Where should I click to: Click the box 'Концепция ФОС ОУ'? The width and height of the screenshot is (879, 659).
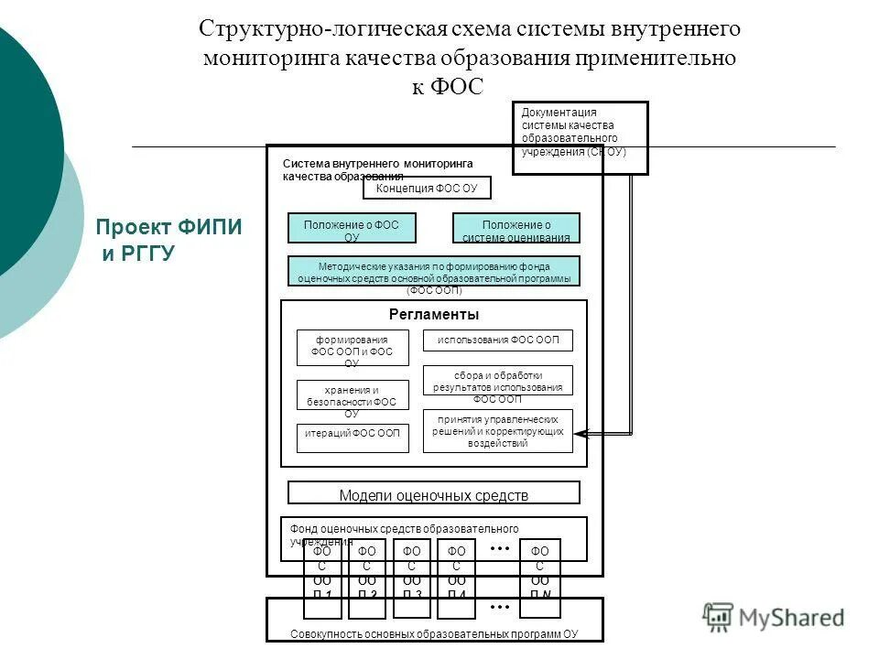(x=427, y=188)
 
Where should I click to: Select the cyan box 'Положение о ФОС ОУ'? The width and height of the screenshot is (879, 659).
(x=352, y=228)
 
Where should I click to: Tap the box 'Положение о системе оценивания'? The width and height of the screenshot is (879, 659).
(x=516, y=228)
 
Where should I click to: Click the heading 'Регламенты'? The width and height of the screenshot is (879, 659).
(x=433, y=315)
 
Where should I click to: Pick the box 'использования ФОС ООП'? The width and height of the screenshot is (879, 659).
(x=497, y=340)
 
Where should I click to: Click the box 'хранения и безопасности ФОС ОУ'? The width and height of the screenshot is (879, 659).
(x=353, y=394)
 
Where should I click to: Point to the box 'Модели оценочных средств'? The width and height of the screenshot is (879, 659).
(x=433, y=493)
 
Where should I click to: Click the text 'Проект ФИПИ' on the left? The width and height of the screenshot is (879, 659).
(x=169, y=228)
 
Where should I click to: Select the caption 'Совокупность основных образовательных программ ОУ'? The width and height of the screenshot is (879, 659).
(x=433, y=634)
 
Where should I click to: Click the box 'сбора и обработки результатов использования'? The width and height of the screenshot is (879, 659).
(x=497, y=381)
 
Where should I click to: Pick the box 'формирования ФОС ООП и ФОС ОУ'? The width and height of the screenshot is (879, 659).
(x=353, y=348)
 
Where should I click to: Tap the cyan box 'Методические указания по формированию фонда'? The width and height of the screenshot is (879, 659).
(x=433, y=271)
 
